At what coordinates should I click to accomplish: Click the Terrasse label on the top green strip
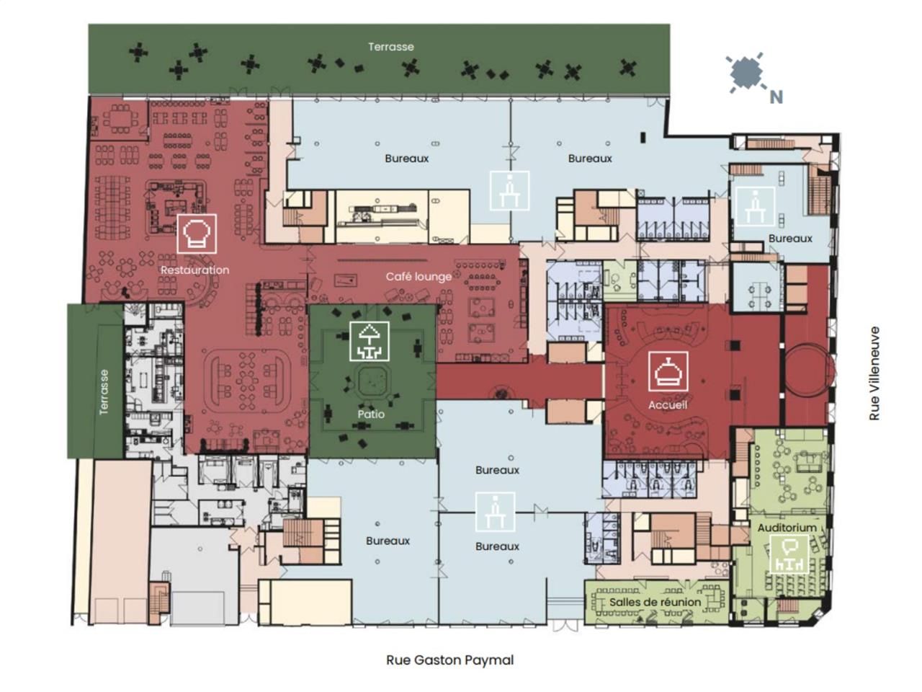391,47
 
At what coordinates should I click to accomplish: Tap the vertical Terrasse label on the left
104,392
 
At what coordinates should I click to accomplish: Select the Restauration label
194,270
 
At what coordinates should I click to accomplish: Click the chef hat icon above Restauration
197,233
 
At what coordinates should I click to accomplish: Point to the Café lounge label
419,276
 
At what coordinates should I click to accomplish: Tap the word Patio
371,414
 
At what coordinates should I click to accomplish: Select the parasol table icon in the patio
370,341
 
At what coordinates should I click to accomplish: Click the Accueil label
668,404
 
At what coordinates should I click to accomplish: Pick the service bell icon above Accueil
668,371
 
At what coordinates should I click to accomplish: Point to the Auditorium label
787,528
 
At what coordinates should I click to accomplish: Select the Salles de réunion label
655,602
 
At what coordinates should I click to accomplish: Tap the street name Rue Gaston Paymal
450,660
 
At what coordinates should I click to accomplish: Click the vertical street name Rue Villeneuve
874,373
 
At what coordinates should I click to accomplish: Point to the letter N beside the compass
776,97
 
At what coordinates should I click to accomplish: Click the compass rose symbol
746,72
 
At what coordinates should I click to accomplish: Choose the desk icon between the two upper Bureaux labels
510,190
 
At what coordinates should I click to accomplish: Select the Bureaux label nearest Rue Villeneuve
790,238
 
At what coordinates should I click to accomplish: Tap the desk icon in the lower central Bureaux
496,511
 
